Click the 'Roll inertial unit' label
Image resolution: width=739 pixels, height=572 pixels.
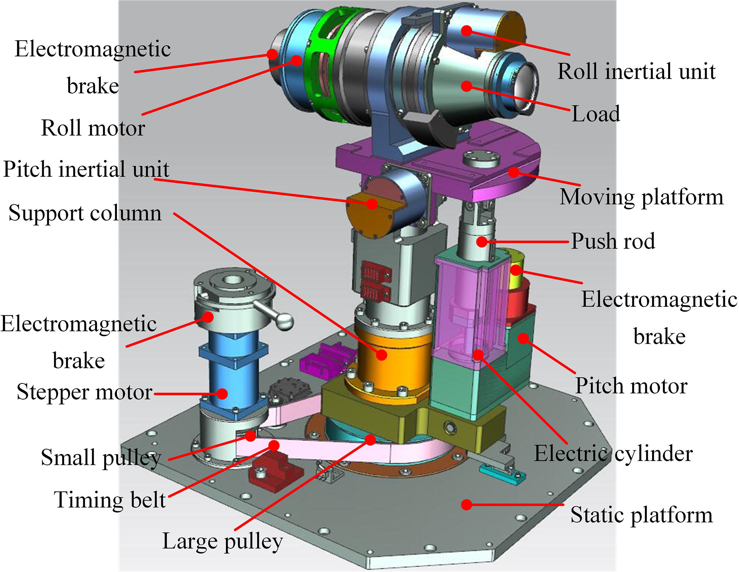click(636, 71)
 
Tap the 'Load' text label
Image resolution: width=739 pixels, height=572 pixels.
click(596, 114)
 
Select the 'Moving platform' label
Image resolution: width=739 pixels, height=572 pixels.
click(641, 197)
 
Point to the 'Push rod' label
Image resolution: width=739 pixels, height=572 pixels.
click(613, 241)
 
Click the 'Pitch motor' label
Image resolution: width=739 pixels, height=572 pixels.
click(631, 386)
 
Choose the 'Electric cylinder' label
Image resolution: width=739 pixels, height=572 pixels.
click(613, 454)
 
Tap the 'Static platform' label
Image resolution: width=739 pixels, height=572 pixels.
click(641, 515)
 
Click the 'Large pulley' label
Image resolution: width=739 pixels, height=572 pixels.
click(222, 541)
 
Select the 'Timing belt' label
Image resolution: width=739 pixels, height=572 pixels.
click(110, 500)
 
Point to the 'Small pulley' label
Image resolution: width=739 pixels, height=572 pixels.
click(101, 458)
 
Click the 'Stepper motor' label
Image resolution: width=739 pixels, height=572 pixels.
click(84, 392)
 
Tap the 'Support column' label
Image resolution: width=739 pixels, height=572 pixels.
click(85, 213)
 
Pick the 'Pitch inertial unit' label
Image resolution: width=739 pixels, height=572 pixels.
click(86, 169)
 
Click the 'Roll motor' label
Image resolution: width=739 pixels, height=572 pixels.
click(93, 128)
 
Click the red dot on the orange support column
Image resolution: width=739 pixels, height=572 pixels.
click(381, 355)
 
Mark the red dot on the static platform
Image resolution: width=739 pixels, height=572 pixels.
click(466, 505)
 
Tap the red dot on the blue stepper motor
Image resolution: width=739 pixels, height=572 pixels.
click(222, 393)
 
